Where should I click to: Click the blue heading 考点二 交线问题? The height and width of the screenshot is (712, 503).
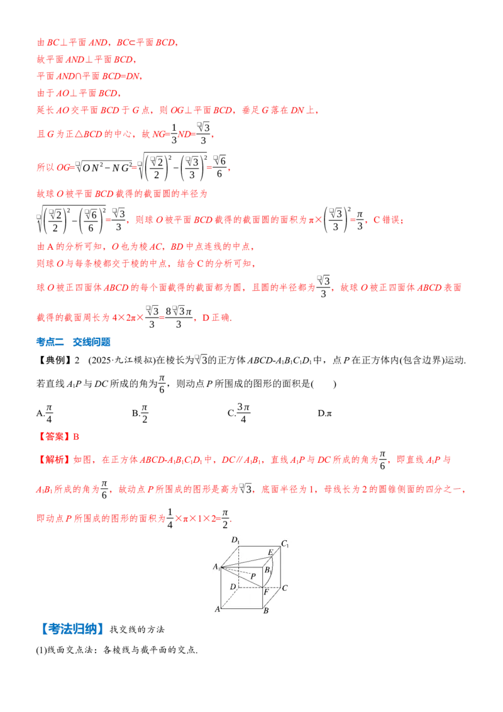73,342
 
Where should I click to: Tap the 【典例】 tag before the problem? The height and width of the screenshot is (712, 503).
54,360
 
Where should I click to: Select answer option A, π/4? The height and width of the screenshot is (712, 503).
45,413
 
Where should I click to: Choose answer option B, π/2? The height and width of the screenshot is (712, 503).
140,413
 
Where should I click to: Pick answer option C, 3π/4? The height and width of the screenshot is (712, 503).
239,413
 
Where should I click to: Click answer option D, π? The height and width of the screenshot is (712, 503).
324,413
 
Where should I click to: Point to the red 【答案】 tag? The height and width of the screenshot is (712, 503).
53,437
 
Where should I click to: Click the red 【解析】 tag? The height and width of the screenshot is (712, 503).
54,460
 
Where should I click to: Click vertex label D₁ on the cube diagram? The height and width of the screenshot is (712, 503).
236,540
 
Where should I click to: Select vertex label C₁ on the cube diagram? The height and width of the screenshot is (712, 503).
285,543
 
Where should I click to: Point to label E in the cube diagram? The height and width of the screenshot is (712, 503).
271,552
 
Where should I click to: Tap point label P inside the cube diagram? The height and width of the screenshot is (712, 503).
253,576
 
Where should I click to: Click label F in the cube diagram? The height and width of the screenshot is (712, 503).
267,592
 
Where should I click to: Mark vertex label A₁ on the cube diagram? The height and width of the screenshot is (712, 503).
216,567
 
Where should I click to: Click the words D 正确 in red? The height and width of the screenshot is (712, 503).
216,318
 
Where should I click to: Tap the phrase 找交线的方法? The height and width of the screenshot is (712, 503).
137,630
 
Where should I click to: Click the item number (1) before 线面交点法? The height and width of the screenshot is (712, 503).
41,650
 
